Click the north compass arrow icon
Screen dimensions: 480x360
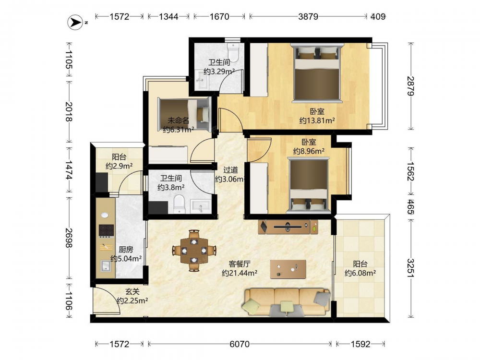pos(75,22)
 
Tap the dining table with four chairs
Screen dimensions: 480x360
pos(194,251)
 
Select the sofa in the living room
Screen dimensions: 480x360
pos(287,301)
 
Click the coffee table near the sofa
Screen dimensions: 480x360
pos(288,269)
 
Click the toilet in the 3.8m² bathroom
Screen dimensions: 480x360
pos(179,204)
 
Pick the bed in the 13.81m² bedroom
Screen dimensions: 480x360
pos(317,72)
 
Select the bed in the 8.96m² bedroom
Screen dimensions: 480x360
pos(309,185)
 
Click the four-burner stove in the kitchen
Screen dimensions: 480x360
pos(106,231)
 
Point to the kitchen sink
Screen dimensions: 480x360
pos(106,266)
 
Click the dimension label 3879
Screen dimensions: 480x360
pos(308,16)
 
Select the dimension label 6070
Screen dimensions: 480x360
pos(240,344)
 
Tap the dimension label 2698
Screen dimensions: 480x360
pos(69,238)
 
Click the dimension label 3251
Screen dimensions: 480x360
pos(410,268)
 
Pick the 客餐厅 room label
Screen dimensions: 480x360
pos(240,264)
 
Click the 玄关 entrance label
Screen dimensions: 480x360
pos(132,292)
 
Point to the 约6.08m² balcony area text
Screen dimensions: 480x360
pos(360,273)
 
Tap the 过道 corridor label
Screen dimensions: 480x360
pos(230,170)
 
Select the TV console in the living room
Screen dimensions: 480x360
pos(288,227)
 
